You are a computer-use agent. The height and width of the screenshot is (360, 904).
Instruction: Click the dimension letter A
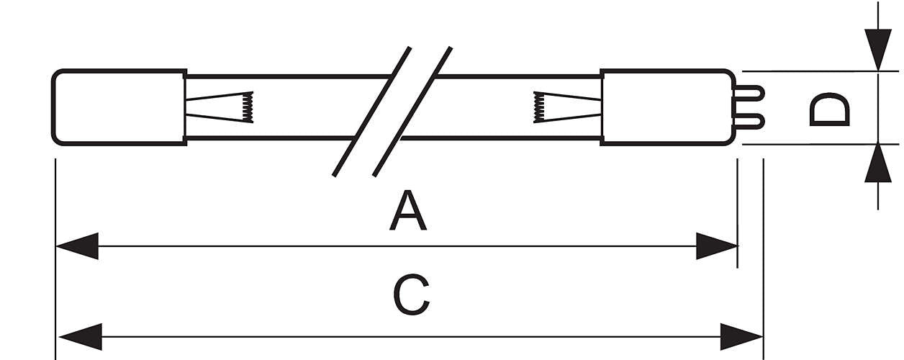(408, 210)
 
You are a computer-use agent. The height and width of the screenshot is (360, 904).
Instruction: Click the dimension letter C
(411, 295)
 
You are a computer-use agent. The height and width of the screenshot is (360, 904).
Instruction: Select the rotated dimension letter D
(829, 109)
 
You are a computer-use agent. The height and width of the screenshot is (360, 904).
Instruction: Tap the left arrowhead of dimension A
(77, 246)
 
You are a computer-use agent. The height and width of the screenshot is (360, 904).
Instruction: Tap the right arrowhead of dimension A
(717, 246)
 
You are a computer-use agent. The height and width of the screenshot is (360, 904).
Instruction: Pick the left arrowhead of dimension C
(81, 336)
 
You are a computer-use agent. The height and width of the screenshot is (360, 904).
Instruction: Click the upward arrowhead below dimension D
(878, 163)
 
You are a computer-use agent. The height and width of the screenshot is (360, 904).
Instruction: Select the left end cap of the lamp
(119, 107)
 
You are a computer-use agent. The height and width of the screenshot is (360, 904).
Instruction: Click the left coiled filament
(248, 107)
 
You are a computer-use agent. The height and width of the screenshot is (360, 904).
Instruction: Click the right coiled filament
(539, 107)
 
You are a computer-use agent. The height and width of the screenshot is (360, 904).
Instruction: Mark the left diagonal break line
(371, 112)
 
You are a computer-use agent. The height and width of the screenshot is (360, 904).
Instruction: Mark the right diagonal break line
(412, 112)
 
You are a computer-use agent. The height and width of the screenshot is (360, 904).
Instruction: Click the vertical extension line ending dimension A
(737, 213)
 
